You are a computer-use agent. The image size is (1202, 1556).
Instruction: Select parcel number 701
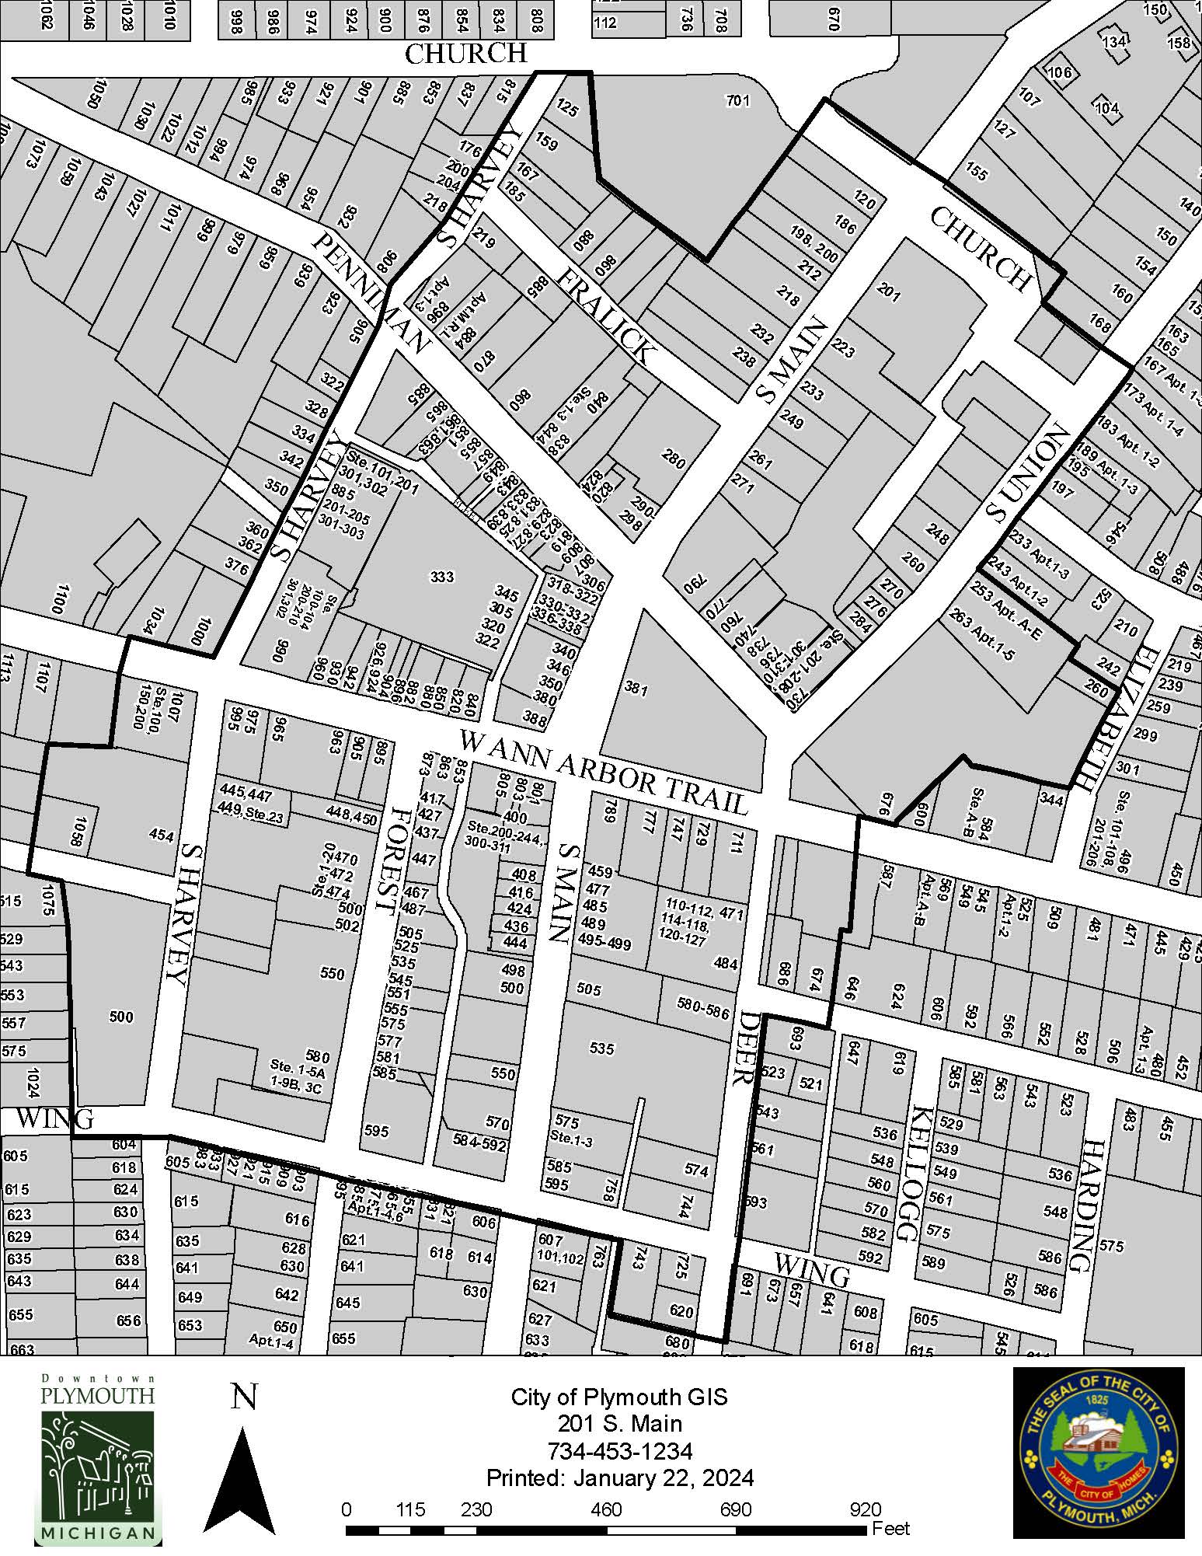(737, 100)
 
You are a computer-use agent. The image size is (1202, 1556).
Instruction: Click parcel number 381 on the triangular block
(636, 689)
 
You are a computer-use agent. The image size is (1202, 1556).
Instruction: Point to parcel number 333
(441, 577)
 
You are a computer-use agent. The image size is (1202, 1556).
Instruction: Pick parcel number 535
(601, 1048)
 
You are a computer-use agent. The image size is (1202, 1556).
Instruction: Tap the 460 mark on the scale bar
(606, 1509)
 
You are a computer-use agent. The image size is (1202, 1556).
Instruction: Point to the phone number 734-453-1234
(619, 1451)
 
